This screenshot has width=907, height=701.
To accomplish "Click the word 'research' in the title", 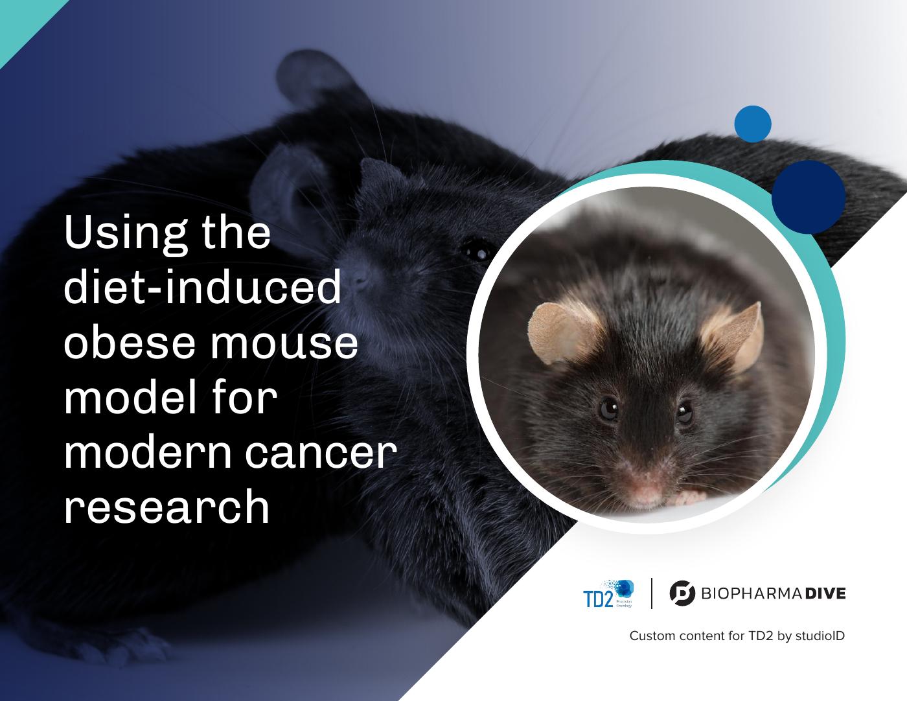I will [166, 509].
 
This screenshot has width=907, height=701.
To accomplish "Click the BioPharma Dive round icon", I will [682, 593].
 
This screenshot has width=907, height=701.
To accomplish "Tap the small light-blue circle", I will [753, 124].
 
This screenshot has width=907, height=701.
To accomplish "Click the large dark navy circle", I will [809, 196].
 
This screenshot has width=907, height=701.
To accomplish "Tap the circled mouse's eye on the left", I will [608, 408].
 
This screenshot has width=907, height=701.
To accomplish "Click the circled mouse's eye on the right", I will [685, 413].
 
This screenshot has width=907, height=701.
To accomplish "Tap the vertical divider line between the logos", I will [651, 593].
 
